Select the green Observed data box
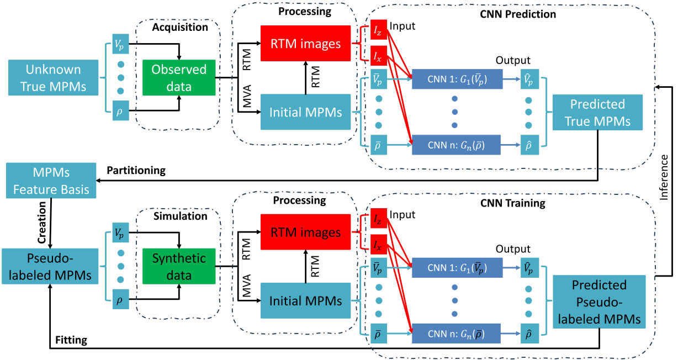click(178, 78)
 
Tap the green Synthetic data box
click(179, 266)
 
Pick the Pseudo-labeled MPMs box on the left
click(50, 266)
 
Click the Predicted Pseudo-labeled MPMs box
click(599, 301)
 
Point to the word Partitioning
click(136, 171)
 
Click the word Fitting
click(71, 340)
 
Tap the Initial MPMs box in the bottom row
click(305, 300)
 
